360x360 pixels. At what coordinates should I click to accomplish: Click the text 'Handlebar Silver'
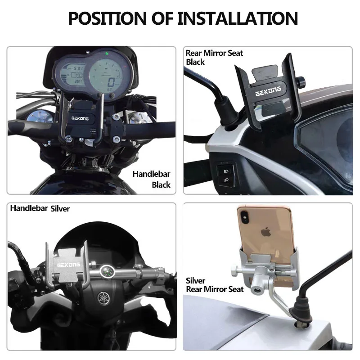(40, 208)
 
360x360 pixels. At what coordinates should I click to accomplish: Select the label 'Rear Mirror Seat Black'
(214, 57)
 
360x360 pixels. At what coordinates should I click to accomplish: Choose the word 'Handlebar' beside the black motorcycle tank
(152, 174)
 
